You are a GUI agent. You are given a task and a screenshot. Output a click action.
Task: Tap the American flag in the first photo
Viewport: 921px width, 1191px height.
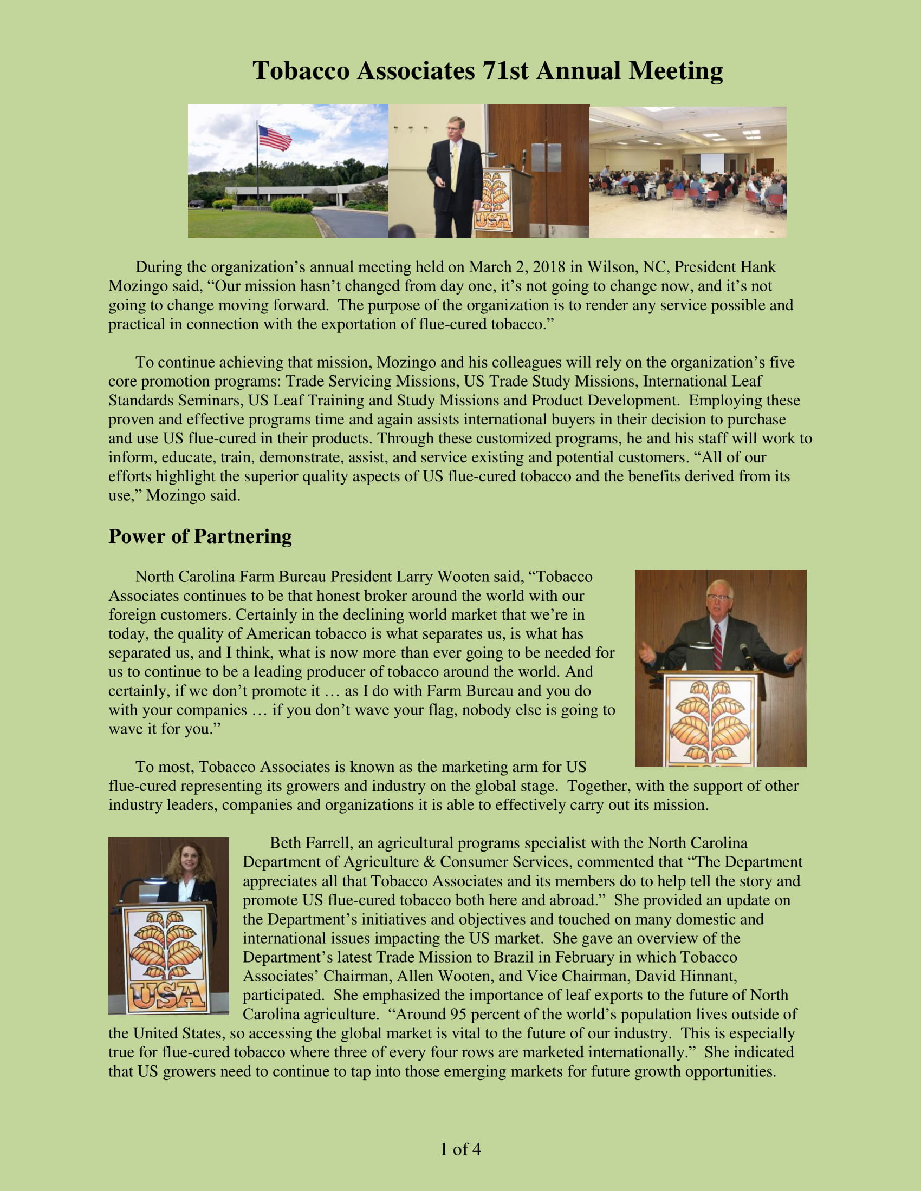tap(275, 138)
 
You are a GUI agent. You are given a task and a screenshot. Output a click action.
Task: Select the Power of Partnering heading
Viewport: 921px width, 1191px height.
tap(200, 536)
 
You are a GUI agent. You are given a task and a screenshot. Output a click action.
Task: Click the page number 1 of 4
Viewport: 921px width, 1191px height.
tap(460, 1149)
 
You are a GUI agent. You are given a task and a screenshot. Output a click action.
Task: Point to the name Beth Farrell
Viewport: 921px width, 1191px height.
tap(309, 843)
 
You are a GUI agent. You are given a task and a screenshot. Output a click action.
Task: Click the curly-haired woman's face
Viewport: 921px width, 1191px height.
tap(187, 862)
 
